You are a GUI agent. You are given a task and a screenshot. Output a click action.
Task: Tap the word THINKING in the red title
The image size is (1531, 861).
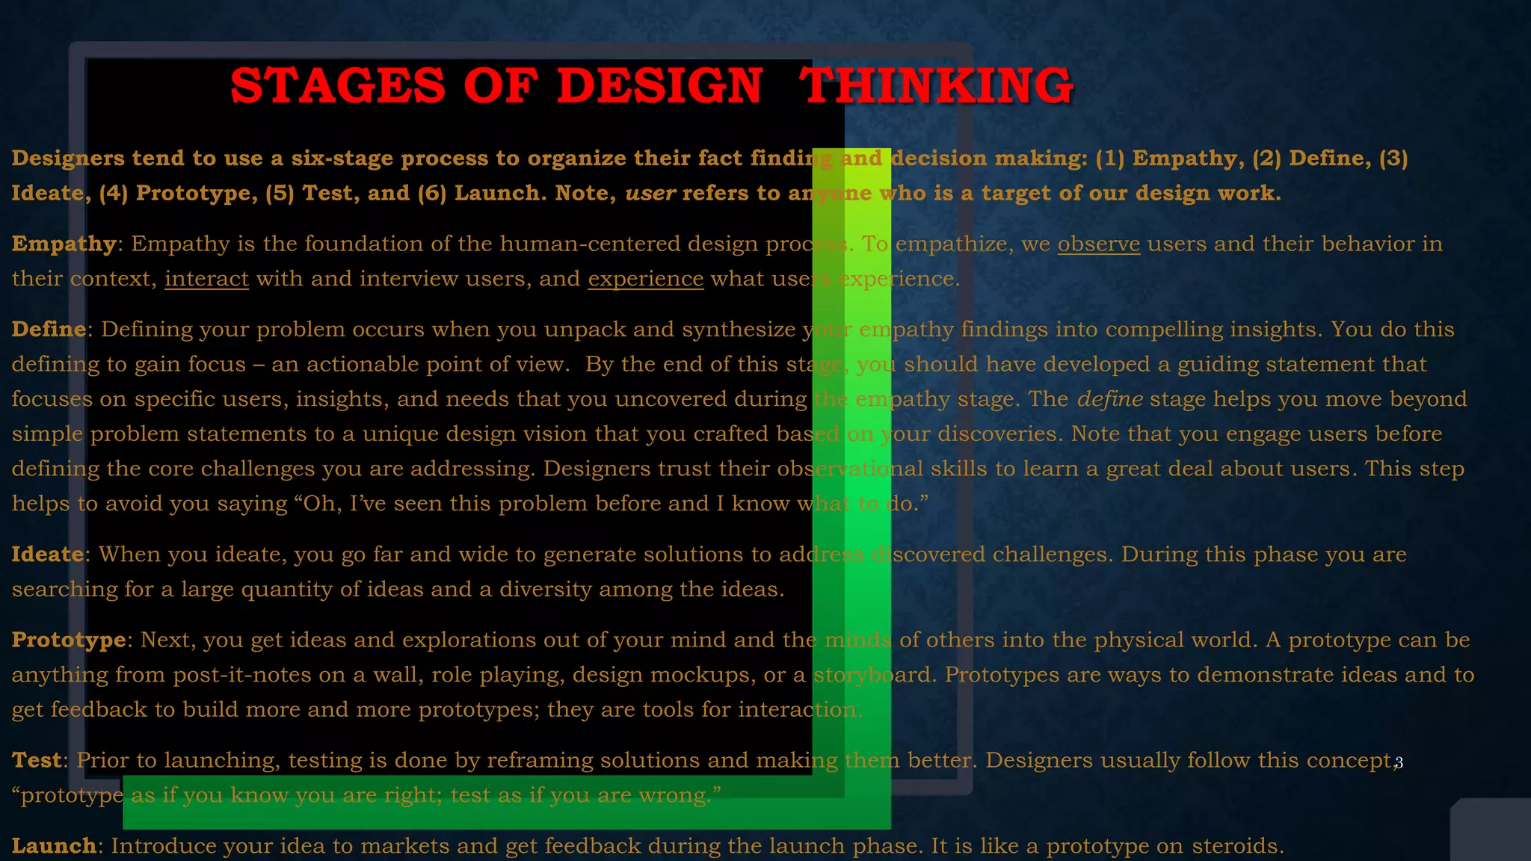pyautogui.click(x=936, y=85)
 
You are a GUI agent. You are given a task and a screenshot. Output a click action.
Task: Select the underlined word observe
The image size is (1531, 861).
pyautogui.click(x=1098, y=244)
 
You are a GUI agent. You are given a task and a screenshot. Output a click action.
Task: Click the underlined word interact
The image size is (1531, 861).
pyautogui.click(x=206, y=279)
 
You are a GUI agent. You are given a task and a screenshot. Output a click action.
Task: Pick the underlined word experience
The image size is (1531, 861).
pyautogui.click(x=646, y=279)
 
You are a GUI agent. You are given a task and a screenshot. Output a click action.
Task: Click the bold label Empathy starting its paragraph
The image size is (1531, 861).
pyautogui.click(x=64, y=244)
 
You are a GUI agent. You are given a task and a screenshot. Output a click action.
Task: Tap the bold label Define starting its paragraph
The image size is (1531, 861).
pyautogui.click(x=49, y=329)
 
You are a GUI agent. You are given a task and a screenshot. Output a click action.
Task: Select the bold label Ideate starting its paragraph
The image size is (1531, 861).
pyautogui.click(x=47, y=554)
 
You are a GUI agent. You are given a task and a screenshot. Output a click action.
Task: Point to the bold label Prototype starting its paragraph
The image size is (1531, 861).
pyautogui.click(x=69, y=640)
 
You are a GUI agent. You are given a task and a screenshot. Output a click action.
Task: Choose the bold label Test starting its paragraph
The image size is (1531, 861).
pyautogui.click(x=37, y=760)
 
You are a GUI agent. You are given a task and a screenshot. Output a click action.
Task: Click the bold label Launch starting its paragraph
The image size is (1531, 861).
pyautogui.click(x=54, y=846)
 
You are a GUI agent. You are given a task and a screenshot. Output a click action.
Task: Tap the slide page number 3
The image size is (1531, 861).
pyautogui.click(x=1399, y=762)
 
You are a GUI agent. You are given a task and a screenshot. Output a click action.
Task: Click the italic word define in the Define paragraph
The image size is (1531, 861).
pyautogui.click(x=1109, y=399)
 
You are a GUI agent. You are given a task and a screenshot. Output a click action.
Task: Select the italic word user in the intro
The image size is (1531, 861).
pyautogui.click(x=650, y=194)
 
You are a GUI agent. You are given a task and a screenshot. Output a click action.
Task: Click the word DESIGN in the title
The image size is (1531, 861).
pyautogui.click(x=659, y=85)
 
